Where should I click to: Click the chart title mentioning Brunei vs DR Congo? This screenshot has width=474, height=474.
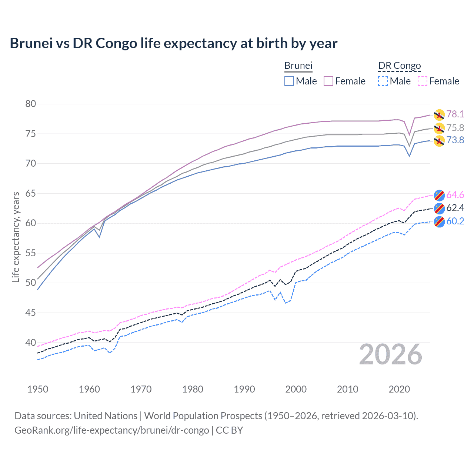(173, 43)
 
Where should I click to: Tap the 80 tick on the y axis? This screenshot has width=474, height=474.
(31, 104)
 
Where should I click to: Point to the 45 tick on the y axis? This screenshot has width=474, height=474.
(31, 313)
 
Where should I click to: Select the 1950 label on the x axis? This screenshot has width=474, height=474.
(38, 389)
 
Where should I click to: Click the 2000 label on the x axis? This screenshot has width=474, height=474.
(296, 389)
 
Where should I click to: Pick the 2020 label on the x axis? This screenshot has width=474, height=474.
(399, 389)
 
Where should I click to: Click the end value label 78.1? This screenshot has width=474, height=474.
(455, 114)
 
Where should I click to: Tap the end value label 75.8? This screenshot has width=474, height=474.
(455, 128)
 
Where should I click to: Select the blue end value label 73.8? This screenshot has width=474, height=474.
(455, 140)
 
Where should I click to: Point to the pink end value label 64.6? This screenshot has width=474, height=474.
(455, 195)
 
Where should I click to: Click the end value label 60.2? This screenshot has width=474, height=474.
(455, 221)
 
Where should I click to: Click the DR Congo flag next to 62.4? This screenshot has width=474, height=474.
(439, 208)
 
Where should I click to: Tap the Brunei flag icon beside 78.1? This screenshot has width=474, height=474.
(439, 115)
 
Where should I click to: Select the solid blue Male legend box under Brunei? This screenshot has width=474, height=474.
(289, 81)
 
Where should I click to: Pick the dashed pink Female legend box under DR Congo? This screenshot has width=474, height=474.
(423, 81)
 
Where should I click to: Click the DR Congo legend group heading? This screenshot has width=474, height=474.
(400, 66)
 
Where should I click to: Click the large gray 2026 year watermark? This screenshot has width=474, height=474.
(391, 355)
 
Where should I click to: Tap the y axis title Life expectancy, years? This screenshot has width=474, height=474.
(16, 237)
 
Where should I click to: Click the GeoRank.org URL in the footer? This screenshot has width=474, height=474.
(111, 430)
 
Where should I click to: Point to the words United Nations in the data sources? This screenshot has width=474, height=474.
(106, 416)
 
